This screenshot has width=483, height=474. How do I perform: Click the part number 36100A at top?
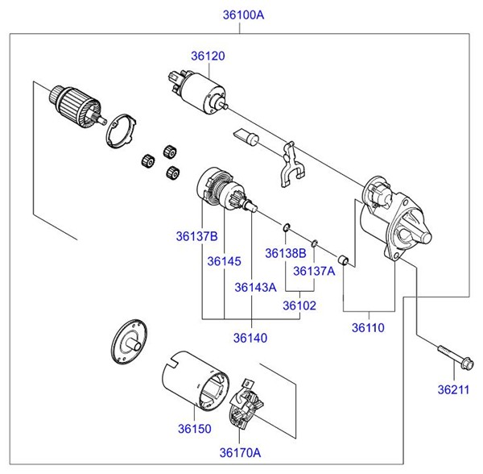(x=242, y=15)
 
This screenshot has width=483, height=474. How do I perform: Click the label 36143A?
(x=255, y=286)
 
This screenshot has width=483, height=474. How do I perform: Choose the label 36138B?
(x=285, y=252)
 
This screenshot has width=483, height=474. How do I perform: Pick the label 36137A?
(x=313, y=271)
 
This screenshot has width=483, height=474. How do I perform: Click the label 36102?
(x=299, y=306)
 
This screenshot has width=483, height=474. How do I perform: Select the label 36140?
(x=251, y=337)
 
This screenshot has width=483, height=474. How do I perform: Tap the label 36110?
(x=368, y=328)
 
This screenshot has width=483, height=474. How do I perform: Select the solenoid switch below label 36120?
(x=200, y=89)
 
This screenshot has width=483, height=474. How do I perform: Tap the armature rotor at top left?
(x=74, y=102)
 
